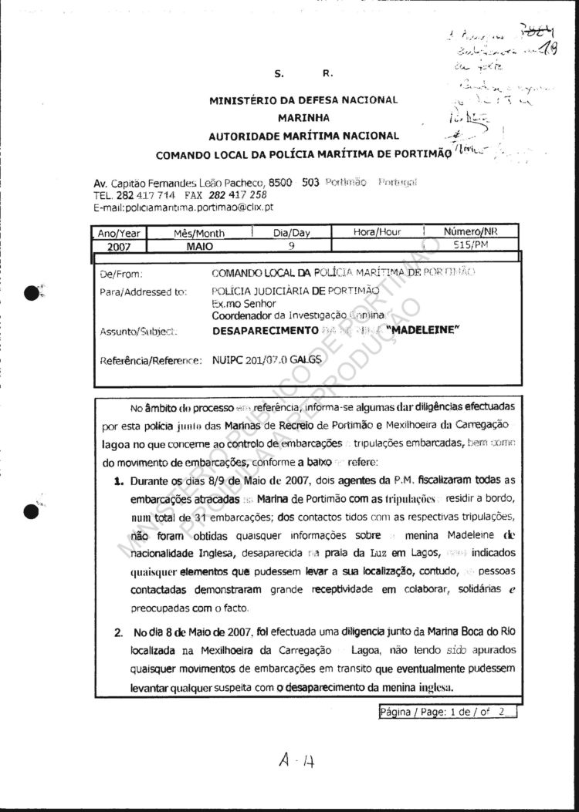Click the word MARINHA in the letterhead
pyautogui.click(x=303, y=118)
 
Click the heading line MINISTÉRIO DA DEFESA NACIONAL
pyautogui.click(x=303, y=99)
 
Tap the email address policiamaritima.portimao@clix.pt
pyautogui.click(x=183, y=207)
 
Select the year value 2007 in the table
pyautogui.click(x=119, y=247)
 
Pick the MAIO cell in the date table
pyautogui.click(x=199, y=247)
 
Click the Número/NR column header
pyautogui.click(x=470, y=232)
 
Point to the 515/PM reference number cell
pyautogui.click(x=471, y=246)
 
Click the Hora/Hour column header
pyautogui.click(x=378, y=232)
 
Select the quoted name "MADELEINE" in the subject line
pyautogui.click(x=424, y=330)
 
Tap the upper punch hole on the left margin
pyautogui.click(x=32, y=291)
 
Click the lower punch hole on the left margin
pyautogui.click(x=32, y=511)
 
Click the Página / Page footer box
pyautogui.click(x=447, y=712)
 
